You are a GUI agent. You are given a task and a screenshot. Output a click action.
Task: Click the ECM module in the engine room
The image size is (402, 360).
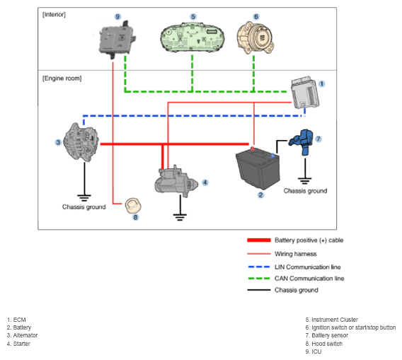(305, 92)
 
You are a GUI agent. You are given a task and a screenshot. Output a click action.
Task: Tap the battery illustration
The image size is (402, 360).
(258, 168)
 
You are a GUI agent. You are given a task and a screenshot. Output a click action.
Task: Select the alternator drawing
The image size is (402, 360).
(81, 142)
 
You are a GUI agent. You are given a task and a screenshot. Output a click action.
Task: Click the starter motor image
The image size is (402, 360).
(176, 181)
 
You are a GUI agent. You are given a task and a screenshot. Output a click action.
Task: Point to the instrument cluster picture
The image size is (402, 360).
(193, 37)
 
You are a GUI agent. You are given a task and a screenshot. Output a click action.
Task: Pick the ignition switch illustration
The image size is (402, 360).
(255, 38)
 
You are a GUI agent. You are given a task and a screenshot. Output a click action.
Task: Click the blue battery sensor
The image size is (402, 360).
(301, 141)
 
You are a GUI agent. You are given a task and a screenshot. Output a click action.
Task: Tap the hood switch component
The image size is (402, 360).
(133, 205)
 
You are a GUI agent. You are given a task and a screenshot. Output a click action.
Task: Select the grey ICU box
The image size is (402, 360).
(117, 39)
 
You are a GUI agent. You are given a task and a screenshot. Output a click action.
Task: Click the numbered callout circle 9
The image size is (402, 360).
(117, 17)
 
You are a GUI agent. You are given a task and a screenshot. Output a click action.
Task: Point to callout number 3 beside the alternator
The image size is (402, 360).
(58, 142)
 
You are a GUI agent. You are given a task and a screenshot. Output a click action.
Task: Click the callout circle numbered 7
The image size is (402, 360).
(318, 139)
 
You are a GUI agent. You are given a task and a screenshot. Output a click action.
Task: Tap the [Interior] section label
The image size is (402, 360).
(54, 15)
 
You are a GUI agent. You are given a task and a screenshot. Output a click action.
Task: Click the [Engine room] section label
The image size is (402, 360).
(62, 79)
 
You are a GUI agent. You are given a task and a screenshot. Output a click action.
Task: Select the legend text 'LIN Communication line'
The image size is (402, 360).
(308, 267)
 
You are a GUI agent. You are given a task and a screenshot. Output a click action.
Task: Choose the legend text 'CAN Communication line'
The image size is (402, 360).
(309, 278)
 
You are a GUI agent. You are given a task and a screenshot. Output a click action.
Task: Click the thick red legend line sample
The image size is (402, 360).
(259, 240)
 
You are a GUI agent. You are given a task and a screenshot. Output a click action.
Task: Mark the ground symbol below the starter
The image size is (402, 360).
(180, 216)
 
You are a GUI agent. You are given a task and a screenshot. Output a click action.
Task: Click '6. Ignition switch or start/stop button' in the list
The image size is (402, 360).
(350, 327)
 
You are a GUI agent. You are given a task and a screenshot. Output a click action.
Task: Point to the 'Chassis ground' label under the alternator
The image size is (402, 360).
(84, 207)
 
